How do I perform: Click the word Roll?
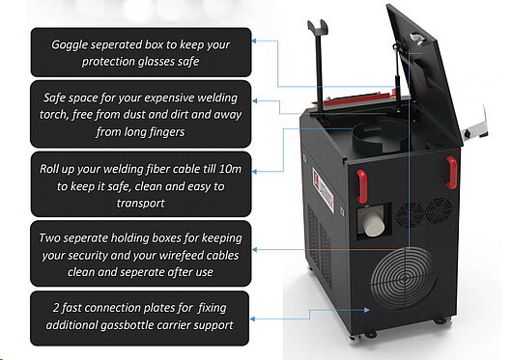tap(49, 169)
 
